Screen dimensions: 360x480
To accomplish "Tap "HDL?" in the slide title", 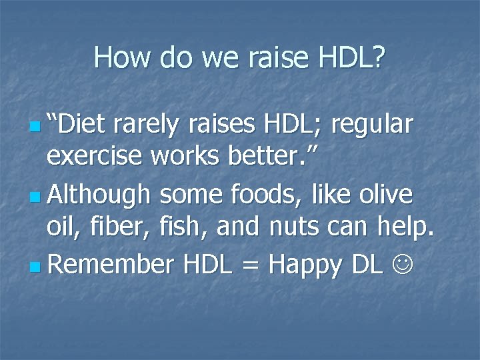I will pyautogui.click(x=349, y=58).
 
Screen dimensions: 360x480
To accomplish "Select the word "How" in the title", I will pyautogui.click(x=119, y=58).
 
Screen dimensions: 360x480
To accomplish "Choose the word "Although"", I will pyautogui.click(x=100, y=196).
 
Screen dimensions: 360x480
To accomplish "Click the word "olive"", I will pyautogui.click(x=386, y=195).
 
